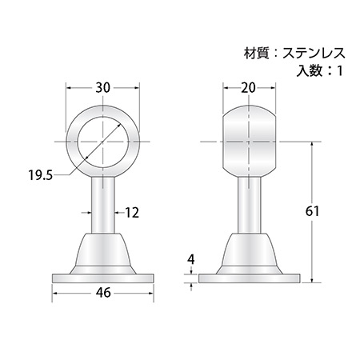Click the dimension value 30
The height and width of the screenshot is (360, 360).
103,88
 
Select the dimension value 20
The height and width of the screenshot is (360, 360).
249,88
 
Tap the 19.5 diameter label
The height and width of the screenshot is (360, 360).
41,176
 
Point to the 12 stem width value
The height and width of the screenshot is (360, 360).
132,213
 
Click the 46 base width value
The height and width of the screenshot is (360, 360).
103,293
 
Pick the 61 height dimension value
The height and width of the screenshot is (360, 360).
312,211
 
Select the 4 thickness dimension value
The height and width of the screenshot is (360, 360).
191,259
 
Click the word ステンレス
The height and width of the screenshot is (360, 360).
314,54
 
